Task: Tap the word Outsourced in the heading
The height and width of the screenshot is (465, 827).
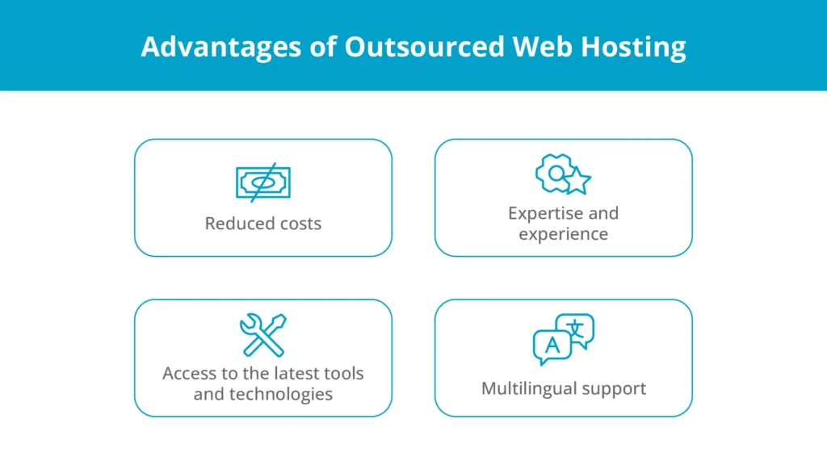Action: [425, 46]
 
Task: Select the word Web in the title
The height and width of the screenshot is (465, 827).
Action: [542, 46]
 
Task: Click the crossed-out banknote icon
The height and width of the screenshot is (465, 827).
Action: [263, 182]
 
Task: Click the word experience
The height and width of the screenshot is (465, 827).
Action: [563, 234]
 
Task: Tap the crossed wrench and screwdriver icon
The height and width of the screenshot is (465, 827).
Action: [263, 335]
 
